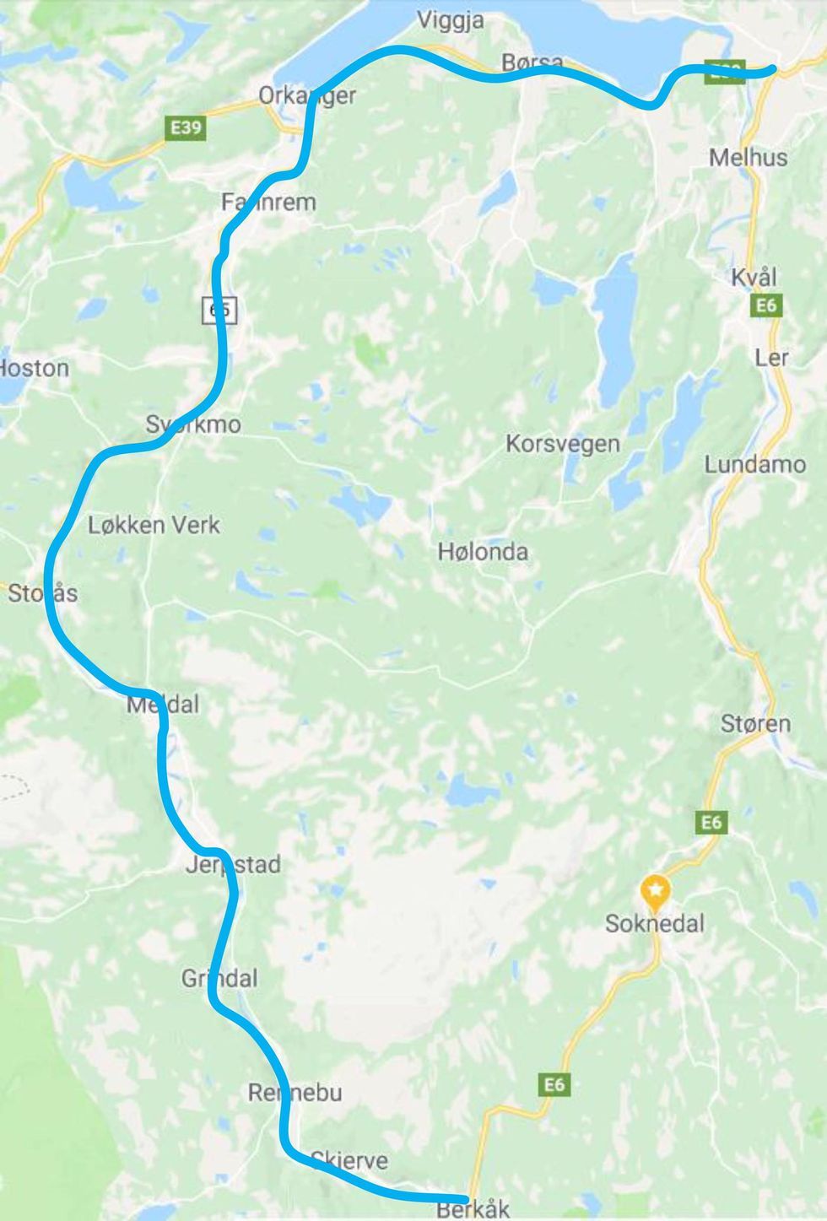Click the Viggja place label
(x=451, y=20)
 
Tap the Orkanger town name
(x=307, y=95)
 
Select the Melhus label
(x=748, y=157)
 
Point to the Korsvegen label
(x=562, y=443)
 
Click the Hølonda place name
(x=483, y=552)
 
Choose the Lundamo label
(x=754, y=464)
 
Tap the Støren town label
(x=755, y=723)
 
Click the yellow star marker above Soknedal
(x=656, y=889)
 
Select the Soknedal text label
(x=655, y=923)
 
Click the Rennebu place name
(x=295, y=1093)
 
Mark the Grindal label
(x=219, y=978)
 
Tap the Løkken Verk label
(x=154, y=525)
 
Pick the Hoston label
(x=34, y=368)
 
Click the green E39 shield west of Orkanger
(x=185, y=127)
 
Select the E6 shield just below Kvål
(x=765, y=305)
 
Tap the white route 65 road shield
(x=220, y=310)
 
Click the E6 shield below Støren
(x=711, y=821)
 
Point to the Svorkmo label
(x=193, y=424)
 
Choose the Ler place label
(x=771, y=357)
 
